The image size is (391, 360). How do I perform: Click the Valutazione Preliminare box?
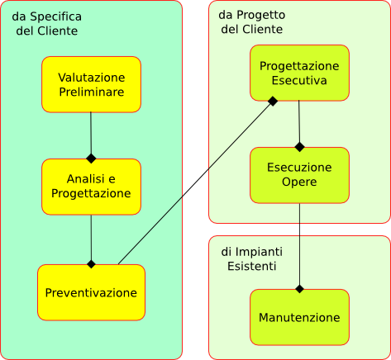[91, 84]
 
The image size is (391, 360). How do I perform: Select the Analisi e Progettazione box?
[91, 187]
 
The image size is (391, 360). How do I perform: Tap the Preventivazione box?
[91, 292]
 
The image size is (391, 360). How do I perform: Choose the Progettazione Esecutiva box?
[299, 73]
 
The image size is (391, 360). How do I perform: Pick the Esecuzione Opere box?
[299, 175]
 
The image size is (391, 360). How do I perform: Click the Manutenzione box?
[299, 317]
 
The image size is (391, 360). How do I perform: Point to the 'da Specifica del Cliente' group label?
[47, 24]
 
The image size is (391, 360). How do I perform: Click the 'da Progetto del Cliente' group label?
[252, 22]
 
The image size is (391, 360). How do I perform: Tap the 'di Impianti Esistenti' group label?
[252, 259]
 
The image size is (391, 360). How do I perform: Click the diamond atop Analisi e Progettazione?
[91, 159]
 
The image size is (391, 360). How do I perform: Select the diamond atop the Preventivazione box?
[91, 264]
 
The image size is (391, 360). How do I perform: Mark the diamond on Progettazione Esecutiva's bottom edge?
[273, 101]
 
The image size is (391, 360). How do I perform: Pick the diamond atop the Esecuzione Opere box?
[299, 147]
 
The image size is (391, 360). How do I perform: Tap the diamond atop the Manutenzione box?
[299, 289]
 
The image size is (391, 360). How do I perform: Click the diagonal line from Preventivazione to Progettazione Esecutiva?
[195, 182]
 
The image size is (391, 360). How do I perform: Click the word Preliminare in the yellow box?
[92, 92]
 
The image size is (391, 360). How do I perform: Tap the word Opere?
[299, 182]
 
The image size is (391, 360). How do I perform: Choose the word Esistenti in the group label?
[252, 266]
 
